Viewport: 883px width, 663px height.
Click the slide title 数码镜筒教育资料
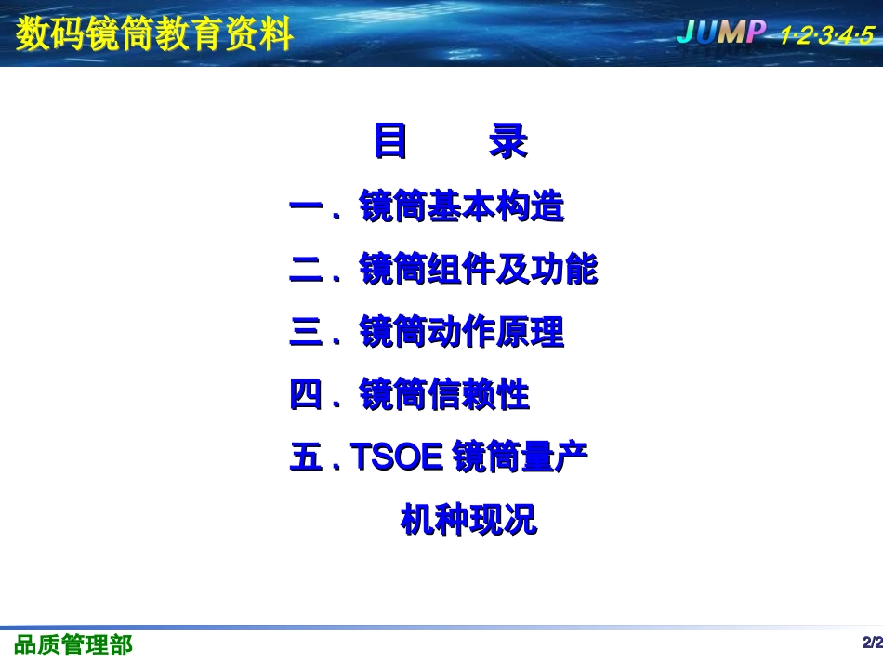pos(154,34)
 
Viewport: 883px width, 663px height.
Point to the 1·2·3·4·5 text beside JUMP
pos(827,35)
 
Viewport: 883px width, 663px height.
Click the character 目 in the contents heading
pos(390,142)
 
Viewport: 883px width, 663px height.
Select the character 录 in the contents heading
pos(507,142)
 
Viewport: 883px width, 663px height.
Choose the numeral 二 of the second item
pos(307,271)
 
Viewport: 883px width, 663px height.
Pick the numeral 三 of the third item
pos(307,333)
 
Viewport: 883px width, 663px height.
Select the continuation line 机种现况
pos(468,520)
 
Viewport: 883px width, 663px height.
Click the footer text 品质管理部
pos(73,644)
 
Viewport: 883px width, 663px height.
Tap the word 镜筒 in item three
pos(393,333)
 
